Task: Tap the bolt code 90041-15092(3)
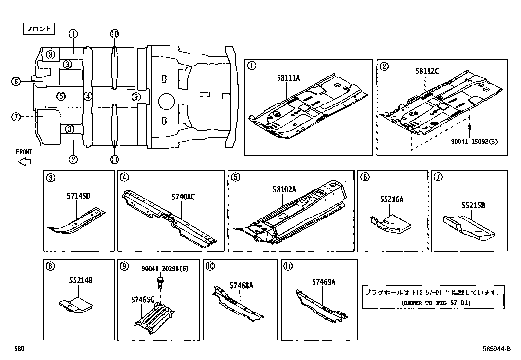pyautogui.click(x=475, y=142)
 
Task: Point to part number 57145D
pyautogui.click(x=79, y=196)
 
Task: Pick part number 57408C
pyautogui.click(x=183, y=197)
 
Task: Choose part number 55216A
pyautogui.click(x=391, y=199)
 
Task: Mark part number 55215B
pyautogui.click(x=473, y=205)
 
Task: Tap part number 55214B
pyautogui.click(x=81, y=280)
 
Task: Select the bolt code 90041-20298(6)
pyautogui.click(x=165, y=269)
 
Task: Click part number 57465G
pyautogui.click(x=142, y=299)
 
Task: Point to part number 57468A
pyautogui.click(x=241, y=285)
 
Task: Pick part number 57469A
pyautogui.click(x=323, y=282)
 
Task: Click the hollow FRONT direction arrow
pyautogui.click(x=24, y=161)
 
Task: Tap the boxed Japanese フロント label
pyautogui.click(x=39, y=29)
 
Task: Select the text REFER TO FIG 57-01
pyautogui.click(x=435, y=303)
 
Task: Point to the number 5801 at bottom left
pyautogui.click(x=20, y=349)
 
